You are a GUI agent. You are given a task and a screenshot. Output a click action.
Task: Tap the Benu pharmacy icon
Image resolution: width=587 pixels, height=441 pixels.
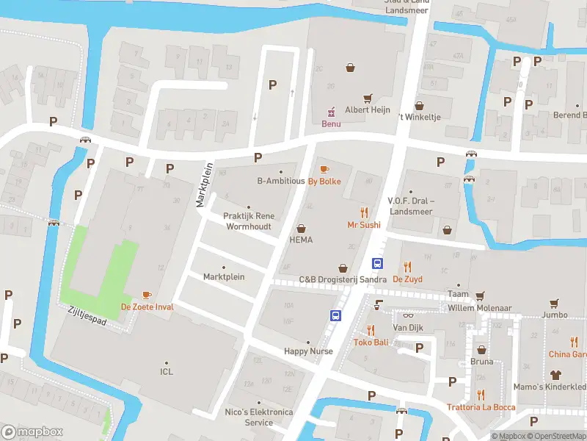tap(331, 111)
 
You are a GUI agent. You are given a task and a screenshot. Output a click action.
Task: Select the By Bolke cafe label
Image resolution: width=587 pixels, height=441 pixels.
tap(324, 182)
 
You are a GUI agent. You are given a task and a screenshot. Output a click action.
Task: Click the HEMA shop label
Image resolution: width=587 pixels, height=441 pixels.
tap(301, 240)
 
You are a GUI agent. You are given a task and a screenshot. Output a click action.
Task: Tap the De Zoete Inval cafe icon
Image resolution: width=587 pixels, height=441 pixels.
tap(147, 295)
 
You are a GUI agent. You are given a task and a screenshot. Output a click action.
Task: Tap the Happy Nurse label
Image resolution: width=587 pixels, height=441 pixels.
tap(308, 351)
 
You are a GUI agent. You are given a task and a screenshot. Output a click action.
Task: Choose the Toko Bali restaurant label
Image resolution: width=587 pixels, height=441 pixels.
tap(371, 343)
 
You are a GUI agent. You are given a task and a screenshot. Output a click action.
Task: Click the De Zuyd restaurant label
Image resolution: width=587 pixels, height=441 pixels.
tap(407, 279)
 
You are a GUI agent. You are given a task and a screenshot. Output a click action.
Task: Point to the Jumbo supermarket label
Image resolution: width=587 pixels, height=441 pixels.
tap(555, 315)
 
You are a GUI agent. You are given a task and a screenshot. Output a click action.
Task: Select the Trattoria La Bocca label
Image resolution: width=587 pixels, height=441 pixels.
tap(481, 407)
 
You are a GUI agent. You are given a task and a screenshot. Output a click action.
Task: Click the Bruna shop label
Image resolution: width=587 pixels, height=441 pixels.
tap(481, 362)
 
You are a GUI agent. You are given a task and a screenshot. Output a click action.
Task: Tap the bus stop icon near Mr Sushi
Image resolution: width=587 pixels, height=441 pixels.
tap(378, 263)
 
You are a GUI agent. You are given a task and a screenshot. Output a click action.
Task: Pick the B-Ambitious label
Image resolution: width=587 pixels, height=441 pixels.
tap(280, 181)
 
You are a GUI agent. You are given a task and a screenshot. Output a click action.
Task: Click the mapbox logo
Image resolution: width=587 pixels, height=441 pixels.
tap(32, 432)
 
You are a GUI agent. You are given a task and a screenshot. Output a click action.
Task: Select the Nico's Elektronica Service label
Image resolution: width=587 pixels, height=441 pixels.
tap(269, 417)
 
